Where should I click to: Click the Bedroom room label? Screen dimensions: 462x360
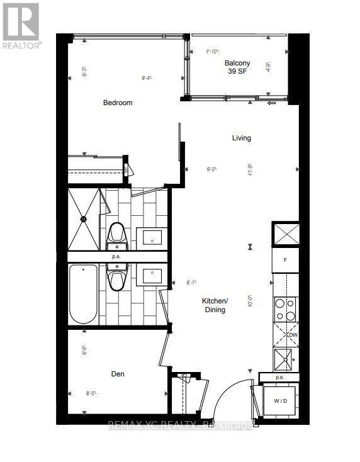[118, 103]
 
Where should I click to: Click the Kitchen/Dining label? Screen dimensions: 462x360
[215, 305]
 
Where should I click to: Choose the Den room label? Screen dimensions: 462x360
[118, 374]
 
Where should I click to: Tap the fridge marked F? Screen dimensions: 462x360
[284, 259]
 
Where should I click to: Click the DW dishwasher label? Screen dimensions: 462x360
[293, 335]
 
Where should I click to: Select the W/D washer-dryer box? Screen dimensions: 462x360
[281, 401]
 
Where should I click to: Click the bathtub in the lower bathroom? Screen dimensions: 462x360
[83, 294]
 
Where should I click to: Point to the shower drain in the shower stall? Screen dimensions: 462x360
[83, 218]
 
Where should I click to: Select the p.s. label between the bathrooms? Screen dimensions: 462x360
[116, 257]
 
